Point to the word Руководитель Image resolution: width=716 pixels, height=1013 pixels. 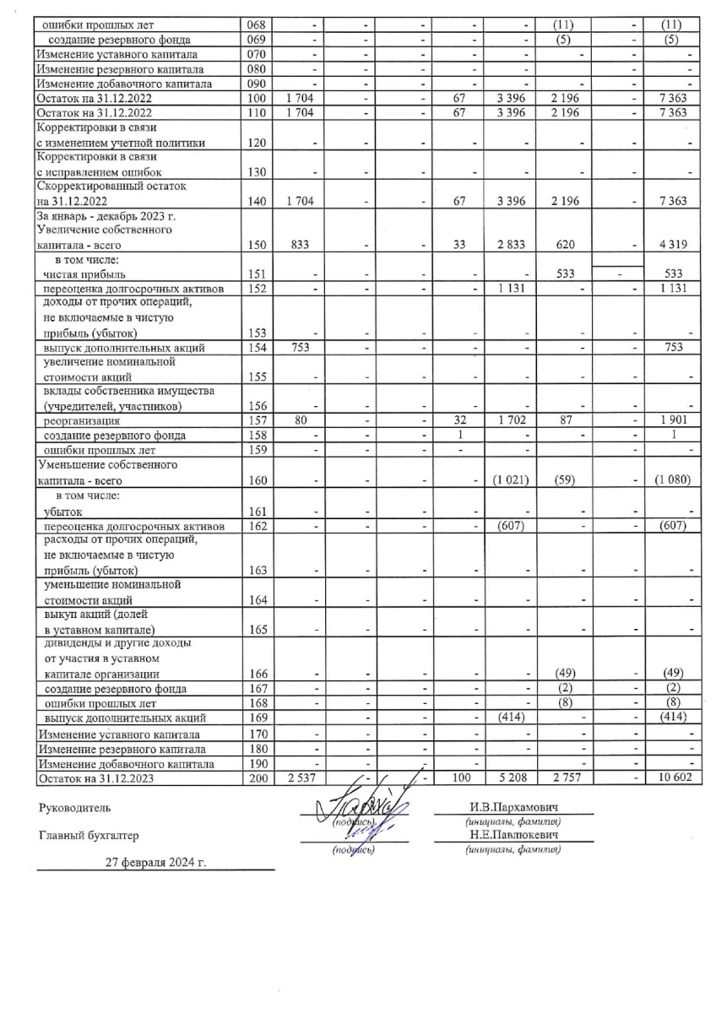(74, 809)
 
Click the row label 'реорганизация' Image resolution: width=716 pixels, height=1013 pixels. (84, 420)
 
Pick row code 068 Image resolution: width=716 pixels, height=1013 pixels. (256, 24)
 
